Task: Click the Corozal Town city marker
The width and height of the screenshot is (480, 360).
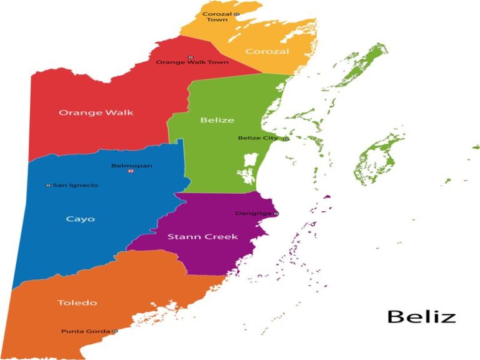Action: click(237, 14)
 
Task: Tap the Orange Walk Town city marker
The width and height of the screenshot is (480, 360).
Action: click(191, 57)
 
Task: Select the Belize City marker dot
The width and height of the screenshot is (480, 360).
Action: click(286, 139)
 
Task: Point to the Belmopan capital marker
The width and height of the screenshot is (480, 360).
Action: click(131, 172)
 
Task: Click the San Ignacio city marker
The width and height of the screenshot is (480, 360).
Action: click(48, 186)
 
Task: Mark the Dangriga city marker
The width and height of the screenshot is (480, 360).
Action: click(276, 214)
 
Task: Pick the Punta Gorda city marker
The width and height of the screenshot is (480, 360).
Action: click(115, 331)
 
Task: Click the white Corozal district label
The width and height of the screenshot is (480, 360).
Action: click(267, 51)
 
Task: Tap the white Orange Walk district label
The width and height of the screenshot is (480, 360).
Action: click(96, 113)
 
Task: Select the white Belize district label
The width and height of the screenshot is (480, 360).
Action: click(217, 120)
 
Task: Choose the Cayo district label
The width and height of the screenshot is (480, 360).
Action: click(80, 219)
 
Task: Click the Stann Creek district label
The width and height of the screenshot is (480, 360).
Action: click(194, 237)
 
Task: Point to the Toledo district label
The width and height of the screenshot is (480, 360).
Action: click(77, 303)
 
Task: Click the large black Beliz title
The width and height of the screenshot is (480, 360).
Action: click(421, 316)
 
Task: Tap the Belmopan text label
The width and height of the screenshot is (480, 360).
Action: click(131, 166)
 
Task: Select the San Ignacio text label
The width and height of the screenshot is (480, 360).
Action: click(75, 186)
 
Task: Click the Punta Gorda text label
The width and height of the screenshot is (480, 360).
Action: click(86, 331)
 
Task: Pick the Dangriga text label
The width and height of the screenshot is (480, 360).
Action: click(253, 214)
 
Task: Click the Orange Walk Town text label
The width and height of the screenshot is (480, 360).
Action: click(192, 62)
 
